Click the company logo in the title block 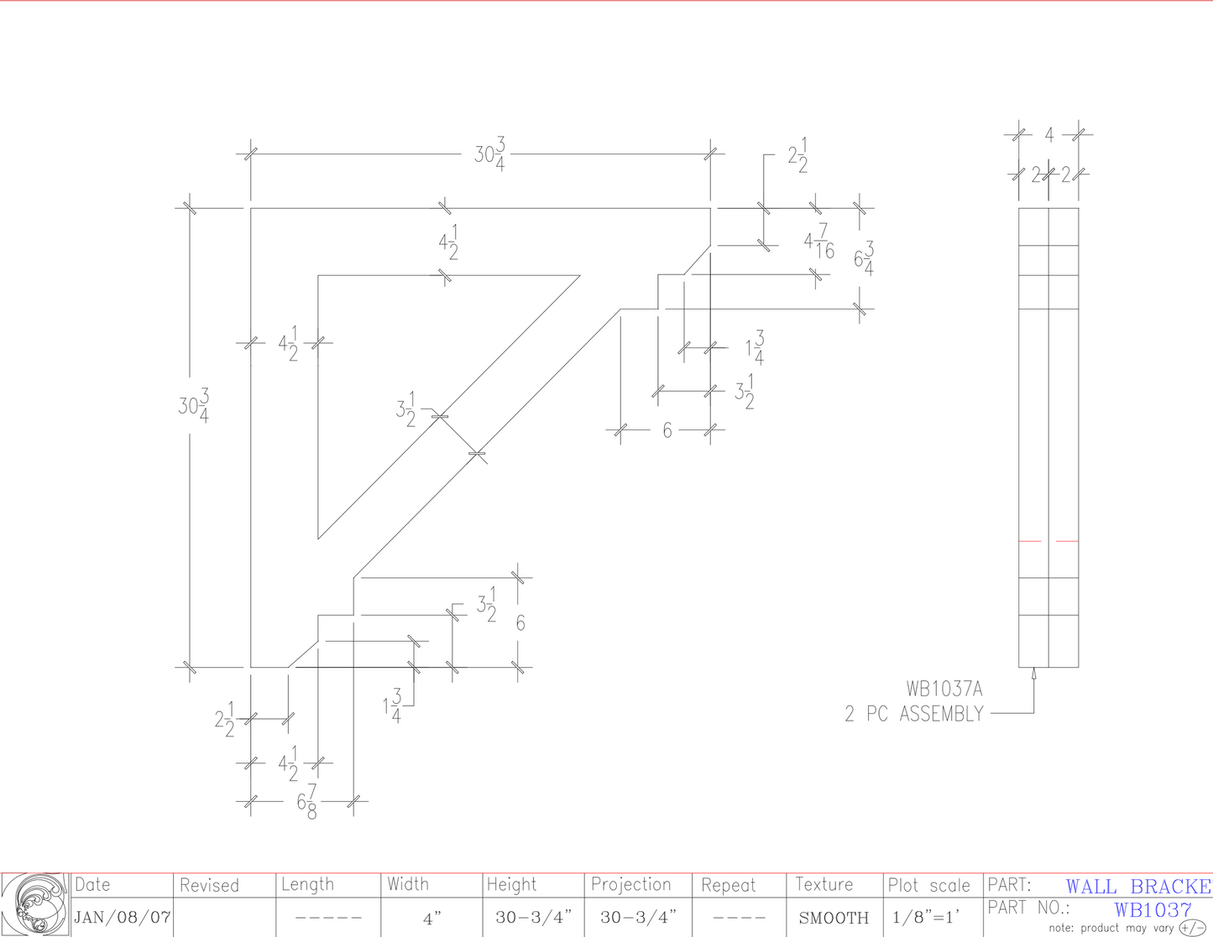click(x=34, y=904)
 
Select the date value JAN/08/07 click(x=123, y=917)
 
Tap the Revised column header click(x=209, y=885)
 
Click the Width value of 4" click(x=431, y=919)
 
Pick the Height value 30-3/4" click(x=533, y=918)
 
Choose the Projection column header click(x=631, y=884)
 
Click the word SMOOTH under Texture click(x=834, y=918)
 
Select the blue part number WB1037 click(x=1153, y=910)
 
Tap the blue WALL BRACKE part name click(x=1138, y=887)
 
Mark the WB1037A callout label click(x=944, y=690)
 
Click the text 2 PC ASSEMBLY click(x=913, y=714)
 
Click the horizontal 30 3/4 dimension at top click(x=490, y=155)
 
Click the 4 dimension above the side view click(x=1048, y=134)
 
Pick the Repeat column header click(x=728, y=885)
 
